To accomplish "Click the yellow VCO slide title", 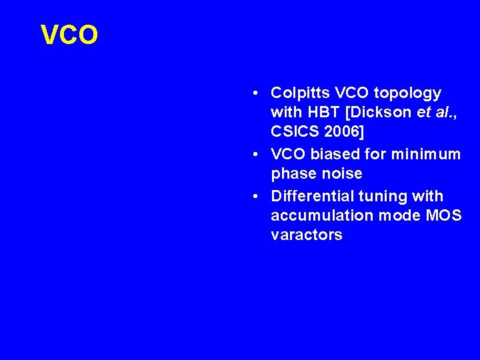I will click(69, 35).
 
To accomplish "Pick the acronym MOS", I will click(444, 215).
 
